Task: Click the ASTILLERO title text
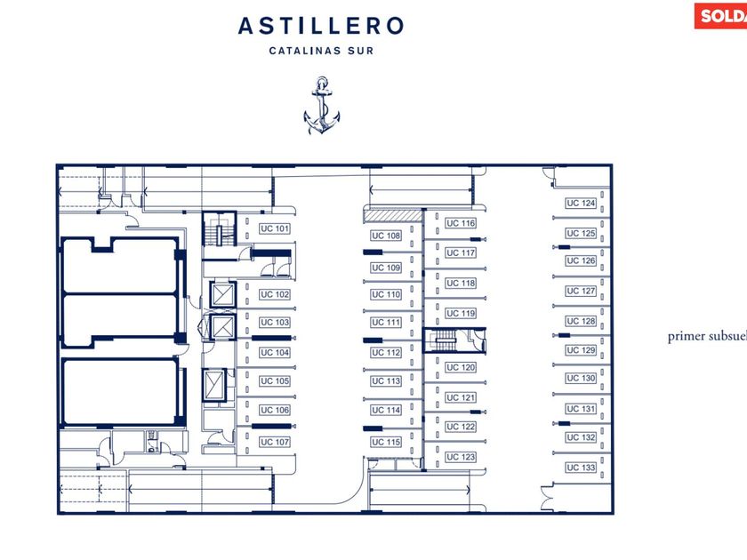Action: (x=321, y=27)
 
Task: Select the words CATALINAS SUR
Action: (x=321, y=51)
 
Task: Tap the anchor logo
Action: (x=321, y=106)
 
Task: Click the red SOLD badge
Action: (x=721, y=15)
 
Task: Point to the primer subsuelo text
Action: (x=706, y=337)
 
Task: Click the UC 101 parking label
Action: (x=275, y=229)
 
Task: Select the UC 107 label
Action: (x=275, y=442)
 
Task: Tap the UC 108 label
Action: (x=386, y=236)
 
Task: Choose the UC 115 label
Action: (x=386, y=442)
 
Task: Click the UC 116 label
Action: (x=461, y=223)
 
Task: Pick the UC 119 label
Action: (x=461, y=313)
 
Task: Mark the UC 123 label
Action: (x=461, y=457)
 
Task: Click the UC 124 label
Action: (x=581, y=204)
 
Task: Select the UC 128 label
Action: (x=581, y=321)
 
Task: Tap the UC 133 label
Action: (x=581, y=468)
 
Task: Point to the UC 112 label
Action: (x=386, y=353)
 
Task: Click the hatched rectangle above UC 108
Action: (x=390, y=215)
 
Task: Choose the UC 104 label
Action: (x=275, y=353)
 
